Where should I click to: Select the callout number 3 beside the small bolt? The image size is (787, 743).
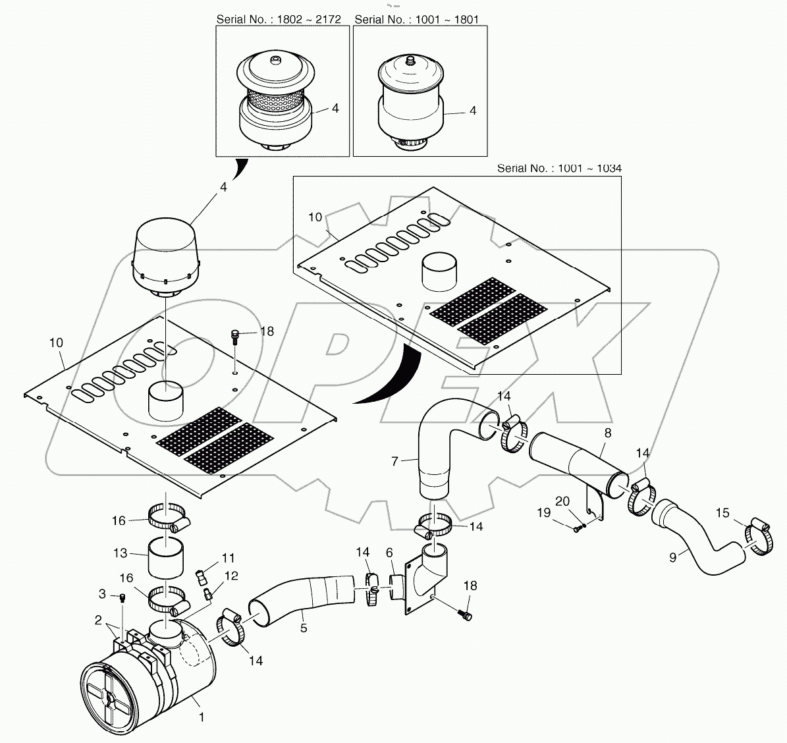point(102,595)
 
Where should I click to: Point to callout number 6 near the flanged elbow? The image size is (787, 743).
point(389,553)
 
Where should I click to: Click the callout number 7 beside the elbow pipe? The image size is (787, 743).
point(394,462)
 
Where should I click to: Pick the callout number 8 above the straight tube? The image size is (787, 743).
point(607,433)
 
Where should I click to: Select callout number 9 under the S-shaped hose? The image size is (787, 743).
point(672,557)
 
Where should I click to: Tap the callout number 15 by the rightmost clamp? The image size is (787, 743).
point(722,512)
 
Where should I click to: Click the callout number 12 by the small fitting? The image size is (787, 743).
point(231,576)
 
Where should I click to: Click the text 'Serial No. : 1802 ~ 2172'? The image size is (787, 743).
point(279,19)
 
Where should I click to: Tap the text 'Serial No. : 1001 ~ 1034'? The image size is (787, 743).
point(559,169)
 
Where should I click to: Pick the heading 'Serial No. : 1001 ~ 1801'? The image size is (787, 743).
point(416,19)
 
